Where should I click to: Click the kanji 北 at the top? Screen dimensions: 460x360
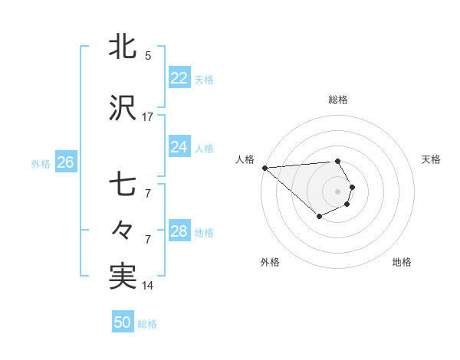(123, 47)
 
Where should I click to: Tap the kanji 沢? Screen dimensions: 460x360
(123, 109)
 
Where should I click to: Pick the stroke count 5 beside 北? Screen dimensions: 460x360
(148, 55)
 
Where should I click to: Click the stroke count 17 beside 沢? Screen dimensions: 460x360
(148, 117)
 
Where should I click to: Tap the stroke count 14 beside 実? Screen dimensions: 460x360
(148, 286)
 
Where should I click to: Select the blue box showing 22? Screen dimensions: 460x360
(179, 78)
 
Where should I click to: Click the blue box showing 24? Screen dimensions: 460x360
(179, 146)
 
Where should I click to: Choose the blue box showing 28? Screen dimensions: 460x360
(179, 231)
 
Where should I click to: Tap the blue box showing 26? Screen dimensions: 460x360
(65, 162)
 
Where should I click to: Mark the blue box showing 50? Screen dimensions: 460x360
(123, 322)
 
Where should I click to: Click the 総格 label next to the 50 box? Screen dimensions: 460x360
(148, 324)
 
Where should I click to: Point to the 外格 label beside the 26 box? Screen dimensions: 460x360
(41, 163)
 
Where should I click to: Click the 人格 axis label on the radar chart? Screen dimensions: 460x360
(245, 159)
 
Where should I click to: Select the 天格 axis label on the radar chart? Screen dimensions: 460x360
(432, 159)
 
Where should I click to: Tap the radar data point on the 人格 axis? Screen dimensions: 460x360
(264, 168)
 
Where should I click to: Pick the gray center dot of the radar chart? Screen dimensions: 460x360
(338, 191)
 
